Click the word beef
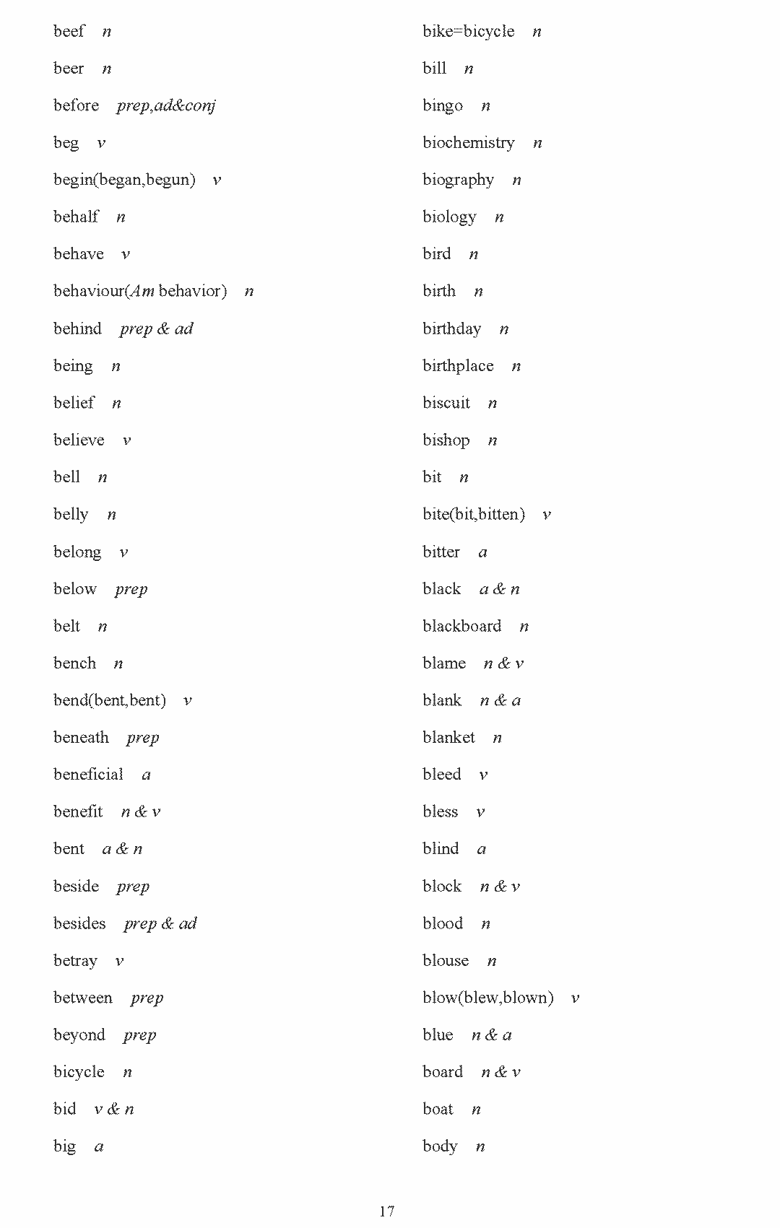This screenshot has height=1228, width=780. pyautogui.click(x=69, y=31)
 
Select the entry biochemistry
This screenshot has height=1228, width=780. pyautogui.click(x=468, y=143)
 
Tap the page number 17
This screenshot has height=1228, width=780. pyautogui.click(x=386, y=1211)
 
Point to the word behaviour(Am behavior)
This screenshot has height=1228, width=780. pyautogui.click(x=140, y=291)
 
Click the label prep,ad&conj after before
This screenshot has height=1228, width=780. pyautogui.click(x=165, y=105)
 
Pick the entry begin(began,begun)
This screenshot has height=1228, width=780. pyautogui.click(x=124, y=180)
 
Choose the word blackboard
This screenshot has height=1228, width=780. pyautogui.click(x=461, y=626)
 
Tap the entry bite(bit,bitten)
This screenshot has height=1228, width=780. pyautogui.click(x=473, y=515)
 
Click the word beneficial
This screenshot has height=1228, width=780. pyautogui.click(x=88, y=775)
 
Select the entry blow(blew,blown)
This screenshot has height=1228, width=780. pyautogui.click(x=487, y=998)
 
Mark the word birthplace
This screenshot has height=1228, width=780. pyautogui.click(x=458, y=366)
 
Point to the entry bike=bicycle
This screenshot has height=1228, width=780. pyautogui.click(x=468, y=31)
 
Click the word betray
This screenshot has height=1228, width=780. pyautogui.click(x=75, y=961)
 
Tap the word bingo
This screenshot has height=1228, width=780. pyautogui.click(x=442, y=106)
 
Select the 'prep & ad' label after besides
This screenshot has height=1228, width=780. pyautogui.click(x=160, y=923)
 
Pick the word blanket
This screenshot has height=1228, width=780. pyautogui.click(x=448, y=737)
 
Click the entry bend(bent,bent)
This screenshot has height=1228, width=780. pyautogui.click(x=109, y=700)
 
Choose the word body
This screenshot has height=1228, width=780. pyautogui.click(x=440, y=1146)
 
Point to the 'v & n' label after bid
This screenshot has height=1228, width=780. pyautogui.click(x=114, y=1109)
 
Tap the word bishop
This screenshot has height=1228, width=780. pyautogui.click(x=446, y=440)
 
